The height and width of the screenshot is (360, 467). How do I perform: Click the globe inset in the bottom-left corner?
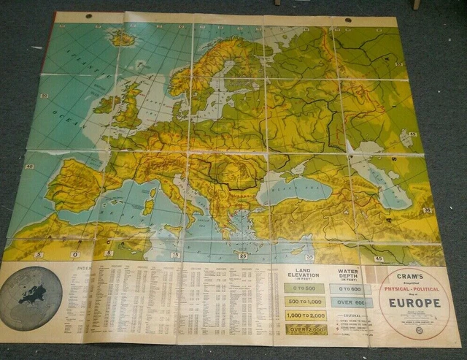click(31, 298)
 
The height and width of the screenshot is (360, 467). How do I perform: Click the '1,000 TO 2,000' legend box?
click(306, 316)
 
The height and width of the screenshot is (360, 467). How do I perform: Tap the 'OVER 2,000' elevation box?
click(306, 329)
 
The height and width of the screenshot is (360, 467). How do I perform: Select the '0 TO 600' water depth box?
click(350, 288)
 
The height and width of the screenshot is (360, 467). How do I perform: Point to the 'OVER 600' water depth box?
click(350, 302)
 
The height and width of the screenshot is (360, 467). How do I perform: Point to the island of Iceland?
click(121, 38)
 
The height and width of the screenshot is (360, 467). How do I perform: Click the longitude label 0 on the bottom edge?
click(75, 254)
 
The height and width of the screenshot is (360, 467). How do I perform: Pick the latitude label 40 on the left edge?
click(29, 166)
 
